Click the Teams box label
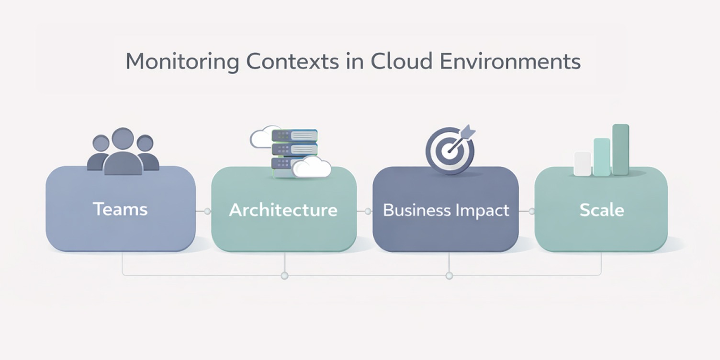tap(120, 209)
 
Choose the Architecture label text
tap(283, 210)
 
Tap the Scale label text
tap(601, 210)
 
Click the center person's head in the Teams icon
tap(123, 139)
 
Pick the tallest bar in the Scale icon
tap(620, 149)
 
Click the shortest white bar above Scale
tap(582, 163)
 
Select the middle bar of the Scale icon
tap(602, 157)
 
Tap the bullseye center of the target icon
tap(449, 151)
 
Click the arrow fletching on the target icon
tap(470, 131)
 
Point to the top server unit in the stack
tap(294, 135)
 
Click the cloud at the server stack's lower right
tap(312, 168)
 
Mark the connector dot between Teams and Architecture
tap(207, 211)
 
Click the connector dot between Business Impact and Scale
tap(531, 211)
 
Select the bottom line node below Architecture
tap(284, 276)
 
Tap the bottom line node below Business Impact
tap(449, 276)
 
